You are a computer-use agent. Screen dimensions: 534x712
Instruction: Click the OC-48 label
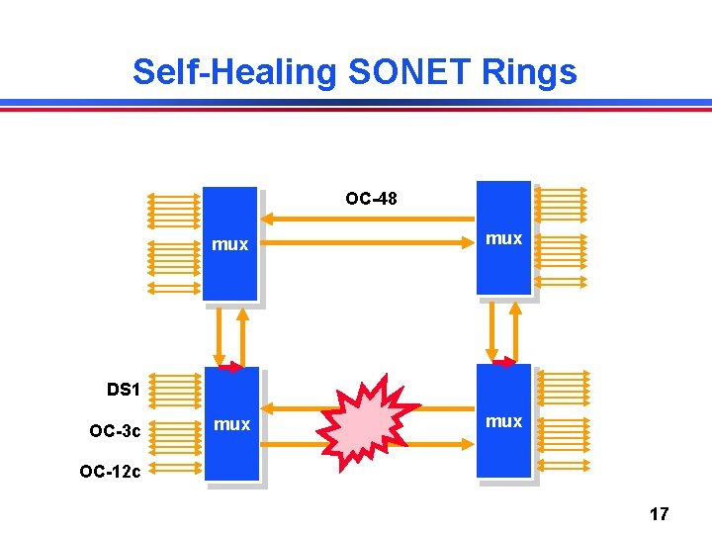(x=371, y=199)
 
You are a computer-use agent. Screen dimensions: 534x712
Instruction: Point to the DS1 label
(x=123, y=390)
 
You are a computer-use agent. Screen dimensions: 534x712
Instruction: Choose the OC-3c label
(x=115, y=431)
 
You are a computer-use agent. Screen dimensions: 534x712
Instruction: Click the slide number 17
(x=659, y=513)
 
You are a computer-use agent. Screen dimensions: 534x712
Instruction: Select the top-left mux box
(x=229, y=267)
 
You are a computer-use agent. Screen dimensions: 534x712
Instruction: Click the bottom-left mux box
(x=231, y=455)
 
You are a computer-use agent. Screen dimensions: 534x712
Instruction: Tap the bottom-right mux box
(x=503, y=450)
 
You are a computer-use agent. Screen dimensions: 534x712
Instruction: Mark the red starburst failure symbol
(x=367, y=421)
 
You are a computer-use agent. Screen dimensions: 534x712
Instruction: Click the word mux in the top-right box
(x=503, y=238)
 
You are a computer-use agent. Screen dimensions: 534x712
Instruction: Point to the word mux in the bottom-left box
(x=231, y=424)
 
